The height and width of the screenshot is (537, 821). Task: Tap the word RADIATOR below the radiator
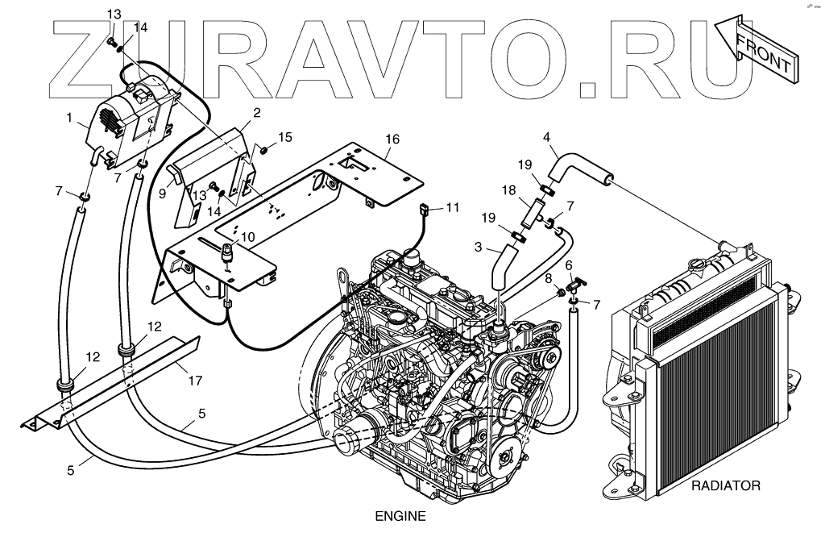point(725,486)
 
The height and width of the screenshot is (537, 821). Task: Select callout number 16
point(392,139)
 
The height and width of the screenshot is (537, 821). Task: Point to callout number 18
point(508,190)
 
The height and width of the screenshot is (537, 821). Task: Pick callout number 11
point(453,207)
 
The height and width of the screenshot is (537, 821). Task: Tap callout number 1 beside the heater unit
point(70,117)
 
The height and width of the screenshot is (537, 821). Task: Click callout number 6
point(569,265)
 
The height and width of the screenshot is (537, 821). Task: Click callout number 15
point(285,137)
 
